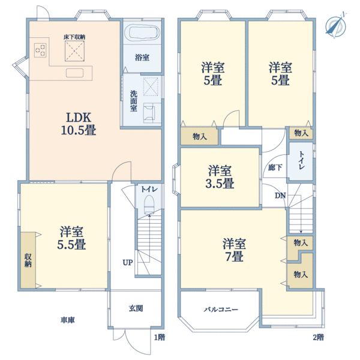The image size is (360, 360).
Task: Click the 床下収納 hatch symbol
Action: click(75, 52)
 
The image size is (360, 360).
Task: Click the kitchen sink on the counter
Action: click(76, 73)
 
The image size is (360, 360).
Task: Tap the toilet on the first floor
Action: click(149, 208)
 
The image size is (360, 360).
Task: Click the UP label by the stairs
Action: click(128, 262)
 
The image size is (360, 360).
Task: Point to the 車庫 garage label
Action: click(67, 320)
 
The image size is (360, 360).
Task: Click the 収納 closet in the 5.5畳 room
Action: click(28, 260)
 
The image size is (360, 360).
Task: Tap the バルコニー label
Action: click(221, 310)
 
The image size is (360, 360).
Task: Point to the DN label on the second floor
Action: click(280, 196)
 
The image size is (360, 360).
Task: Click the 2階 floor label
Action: click(318, 337)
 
